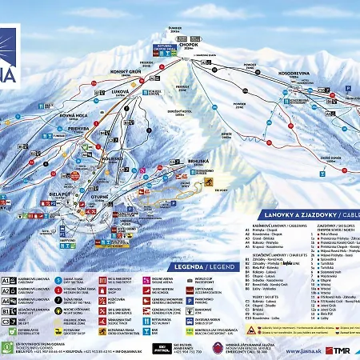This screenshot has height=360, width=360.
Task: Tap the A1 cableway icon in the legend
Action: click(7, 281)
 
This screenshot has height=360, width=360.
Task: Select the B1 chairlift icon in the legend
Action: click(7, 309)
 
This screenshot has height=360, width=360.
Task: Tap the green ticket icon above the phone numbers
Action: click(7, 346)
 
